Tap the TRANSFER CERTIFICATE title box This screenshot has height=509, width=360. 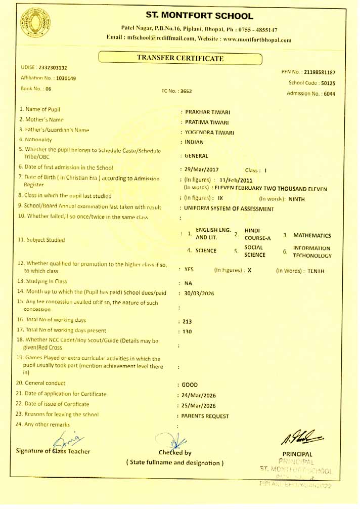click(x=180, y=58)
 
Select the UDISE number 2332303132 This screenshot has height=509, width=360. click(x=52, y=68)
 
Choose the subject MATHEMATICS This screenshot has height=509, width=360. click(x=312, y=235)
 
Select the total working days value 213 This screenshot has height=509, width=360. click(x=187, y=321)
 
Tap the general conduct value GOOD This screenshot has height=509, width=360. click(x=190, y=385)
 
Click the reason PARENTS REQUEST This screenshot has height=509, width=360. click(x=204, y=416)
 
